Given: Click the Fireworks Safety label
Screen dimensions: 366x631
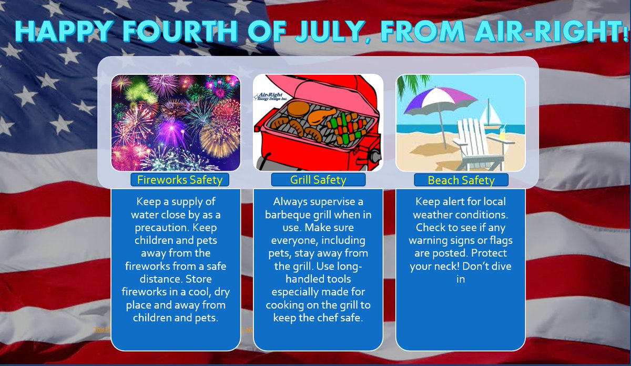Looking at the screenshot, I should (179, 180).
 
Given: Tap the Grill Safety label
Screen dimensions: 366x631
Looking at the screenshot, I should (318, 180).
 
